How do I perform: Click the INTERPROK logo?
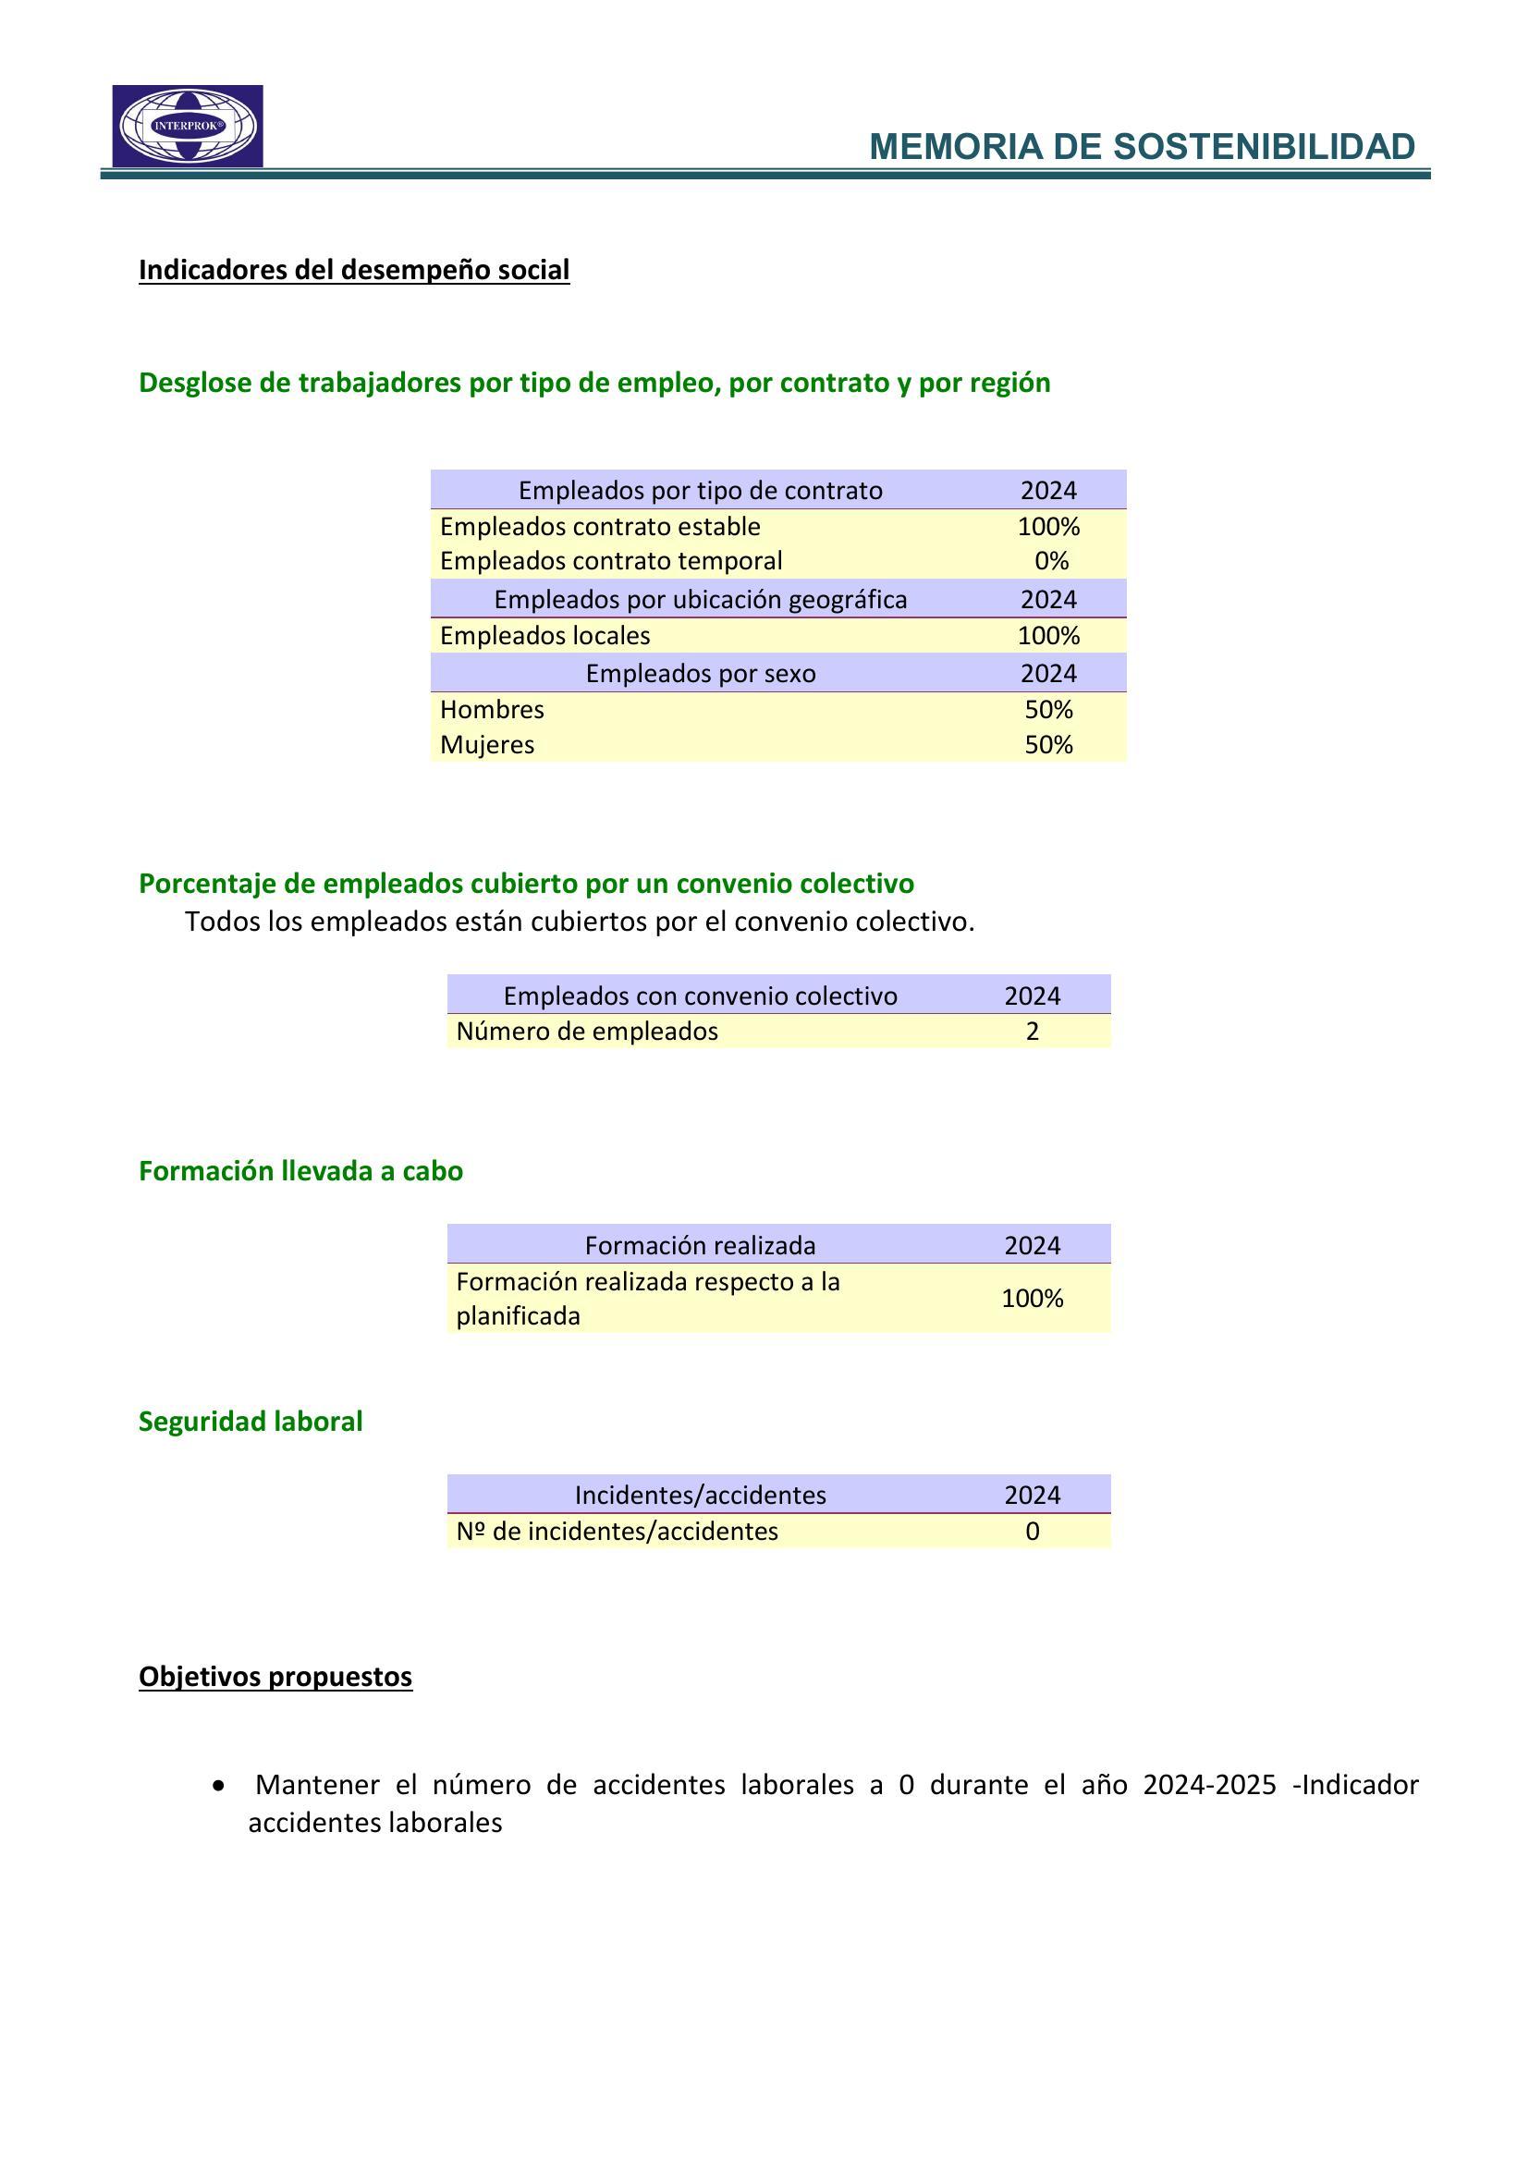(x=188, y=127)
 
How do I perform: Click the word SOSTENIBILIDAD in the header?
(x=1264, y=148)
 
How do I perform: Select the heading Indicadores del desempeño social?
(x=354, y=270)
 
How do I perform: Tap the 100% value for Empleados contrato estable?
(x=1048, y=526)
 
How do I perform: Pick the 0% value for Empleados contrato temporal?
(x=1051, y=561)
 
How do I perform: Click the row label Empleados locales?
(x=544, y=636)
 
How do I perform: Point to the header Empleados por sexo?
(x=701, y=673)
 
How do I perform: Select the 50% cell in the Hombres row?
(x=1049, y=709)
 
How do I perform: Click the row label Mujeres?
(x=487, y=745)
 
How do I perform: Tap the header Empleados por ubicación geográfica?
(x=701, y=600)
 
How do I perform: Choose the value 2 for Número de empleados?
(x=1033, y=1032)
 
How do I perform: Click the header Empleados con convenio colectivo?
(x=701, y=995)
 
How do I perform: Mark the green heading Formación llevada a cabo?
(x=300, y=1170)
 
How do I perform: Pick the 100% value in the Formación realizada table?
(x=1032, y=1299)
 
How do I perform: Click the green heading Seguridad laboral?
(x=251, y=1421)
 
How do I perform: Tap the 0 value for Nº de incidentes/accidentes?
(x=1033, y=1531)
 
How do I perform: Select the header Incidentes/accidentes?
(x=701, y=1496)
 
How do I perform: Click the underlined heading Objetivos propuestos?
(x=275, y=1677)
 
